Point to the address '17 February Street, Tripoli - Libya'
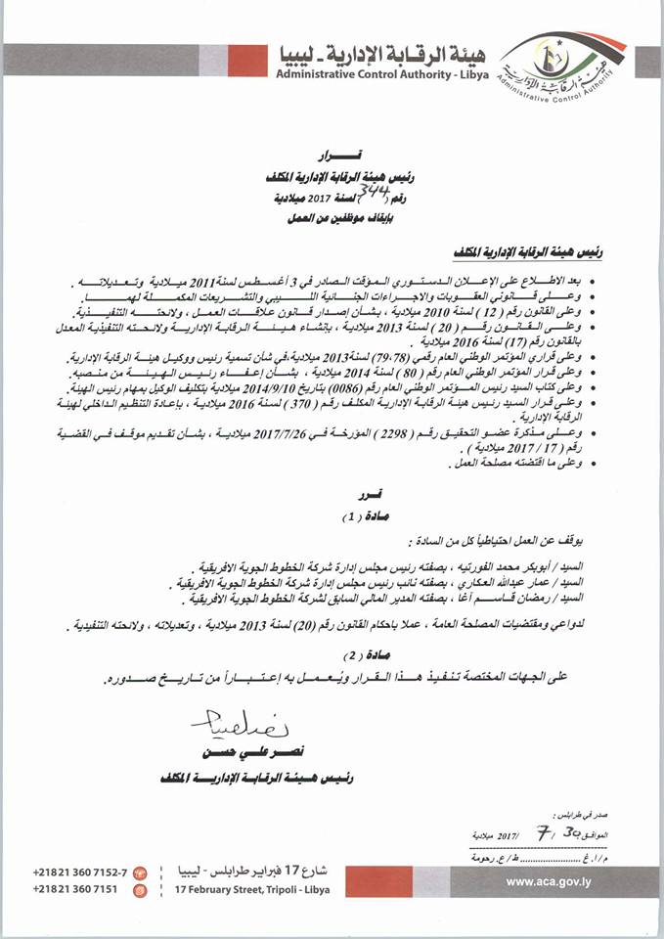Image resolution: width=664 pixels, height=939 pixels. pyautogui.click(x=251, y=890)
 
